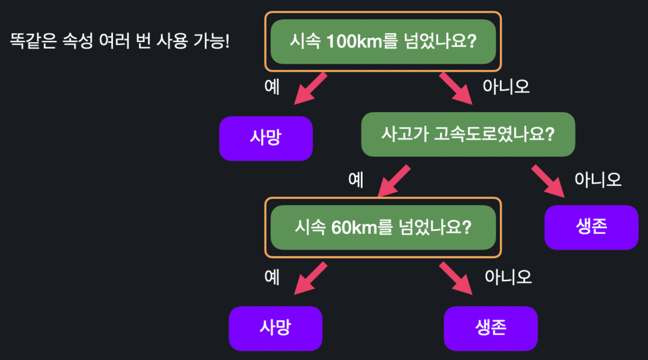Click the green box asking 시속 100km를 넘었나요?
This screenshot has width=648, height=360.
pos(383,41)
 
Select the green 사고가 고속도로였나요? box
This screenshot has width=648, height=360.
pos(468,134)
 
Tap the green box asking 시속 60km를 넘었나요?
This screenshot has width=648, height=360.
pos(383,227)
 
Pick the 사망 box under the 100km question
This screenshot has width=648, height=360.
pos(266,139)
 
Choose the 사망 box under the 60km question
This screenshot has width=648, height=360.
pos(275,328)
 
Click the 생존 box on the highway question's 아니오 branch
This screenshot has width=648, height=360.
pos(591,227)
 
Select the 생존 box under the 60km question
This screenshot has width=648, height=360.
pos(491,328)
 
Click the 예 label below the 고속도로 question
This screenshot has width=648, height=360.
pos(356,179)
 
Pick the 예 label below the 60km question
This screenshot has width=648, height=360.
pos(272,276)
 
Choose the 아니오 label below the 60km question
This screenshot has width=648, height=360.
pos(508,276)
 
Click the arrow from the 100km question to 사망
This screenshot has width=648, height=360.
pos(310,88)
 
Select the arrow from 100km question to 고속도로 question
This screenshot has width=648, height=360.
pos(457,88)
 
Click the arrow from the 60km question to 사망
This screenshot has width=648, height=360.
pos(310,278)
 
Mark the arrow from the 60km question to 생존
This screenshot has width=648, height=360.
pos(457,278)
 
